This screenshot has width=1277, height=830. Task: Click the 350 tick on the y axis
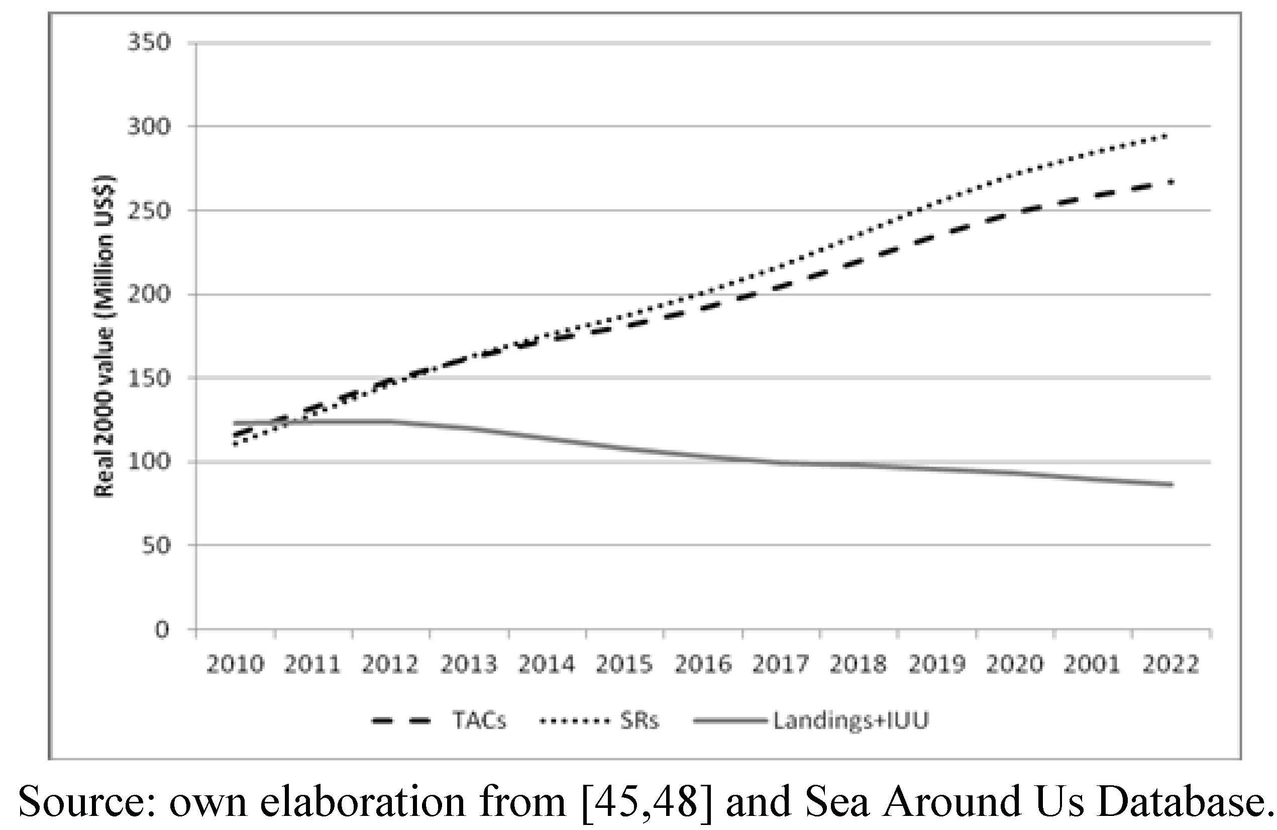149,42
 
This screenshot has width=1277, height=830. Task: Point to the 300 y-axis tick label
149,127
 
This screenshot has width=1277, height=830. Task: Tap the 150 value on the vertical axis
149,378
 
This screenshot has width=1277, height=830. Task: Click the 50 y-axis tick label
156,545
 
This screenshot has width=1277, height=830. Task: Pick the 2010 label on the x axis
236,665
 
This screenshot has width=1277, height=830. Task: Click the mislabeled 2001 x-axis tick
1093,665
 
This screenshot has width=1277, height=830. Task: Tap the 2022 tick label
1170,665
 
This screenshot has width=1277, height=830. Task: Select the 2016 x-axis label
703,665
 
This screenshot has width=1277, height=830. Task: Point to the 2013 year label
469,665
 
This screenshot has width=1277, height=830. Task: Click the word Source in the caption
86,802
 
